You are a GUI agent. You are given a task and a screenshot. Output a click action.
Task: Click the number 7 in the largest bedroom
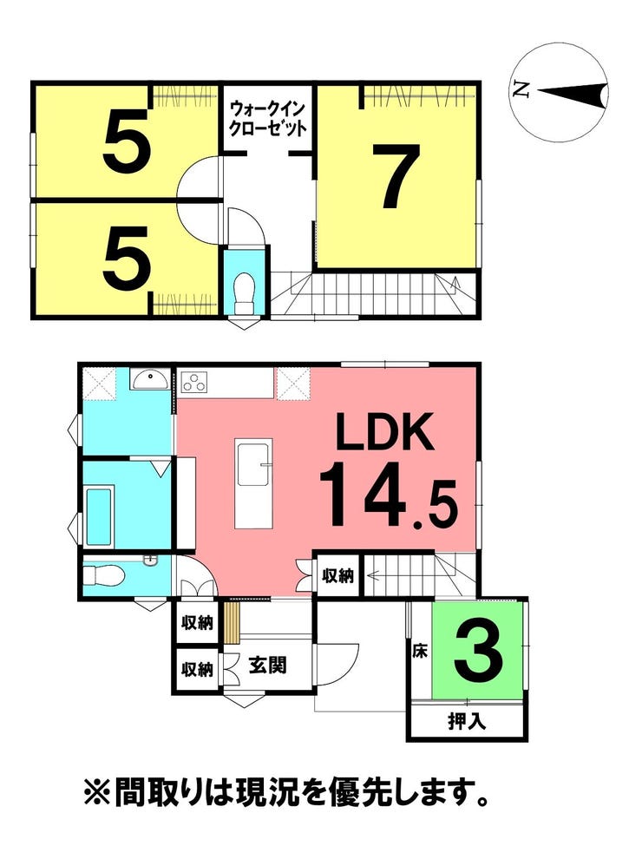[x=400, y=176]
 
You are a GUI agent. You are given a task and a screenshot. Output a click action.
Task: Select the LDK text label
[x=384, y=431]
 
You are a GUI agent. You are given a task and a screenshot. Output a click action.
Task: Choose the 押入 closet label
[x=467, y=721]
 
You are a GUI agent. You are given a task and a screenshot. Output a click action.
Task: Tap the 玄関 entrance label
[x=267, y=666]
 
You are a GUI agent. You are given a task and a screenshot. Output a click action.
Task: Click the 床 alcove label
[x=420, y=652]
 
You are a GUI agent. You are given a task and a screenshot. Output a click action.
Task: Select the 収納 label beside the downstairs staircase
[x=337, y=576]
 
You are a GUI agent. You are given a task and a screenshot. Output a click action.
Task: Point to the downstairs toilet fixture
[x=105, y=576]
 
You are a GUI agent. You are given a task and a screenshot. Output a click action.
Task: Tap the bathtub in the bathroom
[x=98, y=515]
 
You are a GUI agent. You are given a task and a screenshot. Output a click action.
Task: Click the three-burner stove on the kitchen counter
[x=194, y=382]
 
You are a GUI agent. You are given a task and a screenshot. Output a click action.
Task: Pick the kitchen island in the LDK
[x=252, y=484]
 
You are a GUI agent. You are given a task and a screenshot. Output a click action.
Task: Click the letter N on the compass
[x=520, y=89]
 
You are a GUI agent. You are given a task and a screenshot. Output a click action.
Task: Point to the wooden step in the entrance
[x=232, y=623]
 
